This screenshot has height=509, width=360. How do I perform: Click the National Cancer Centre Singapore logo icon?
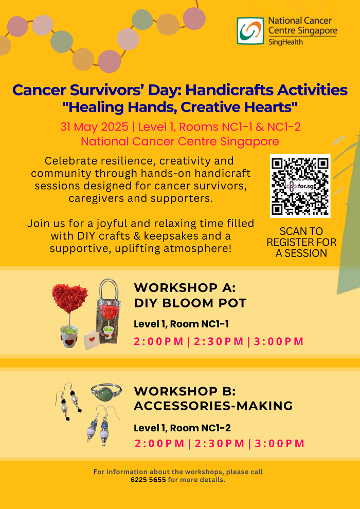tap(250, 30)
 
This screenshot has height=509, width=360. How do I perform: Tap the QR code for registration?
tap(300, 186)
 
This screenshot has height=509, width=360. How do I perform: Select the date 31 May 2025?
tap(94, 127)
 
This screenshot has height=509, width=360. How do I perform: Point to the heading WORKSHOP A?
tap(185, 287)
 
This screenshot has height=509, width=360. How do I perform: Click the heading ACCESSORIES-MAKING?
tap(213, 406)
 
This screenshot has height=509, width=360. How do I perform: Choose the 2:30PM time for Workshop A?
tap(219, 341)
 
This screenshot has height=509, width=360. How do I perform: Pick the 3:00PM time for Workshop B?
tap(279, 443)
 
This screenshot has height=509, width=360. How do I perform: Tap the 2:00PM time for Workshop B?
tap(159, 443)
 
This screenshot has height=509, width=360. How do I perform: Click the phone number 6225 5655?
tap(148, 480)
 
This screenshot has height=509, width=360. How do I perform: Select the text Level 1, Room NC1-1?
tap(182, 324)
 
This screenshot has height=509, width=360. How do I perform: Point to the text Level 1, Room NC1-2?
tap(183, 428)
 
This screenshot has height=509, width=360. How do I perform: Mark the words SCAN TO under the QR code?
tap(301, 231)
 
